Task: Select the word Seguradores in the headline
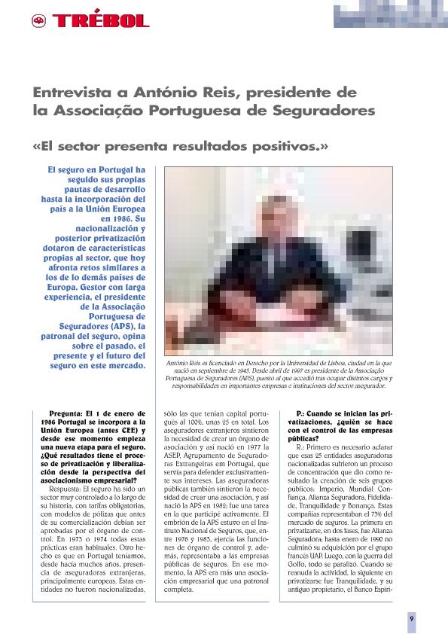point(328,111)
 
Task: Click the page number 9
point(412,617)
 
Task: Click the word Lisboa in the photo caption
point(319,363)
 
